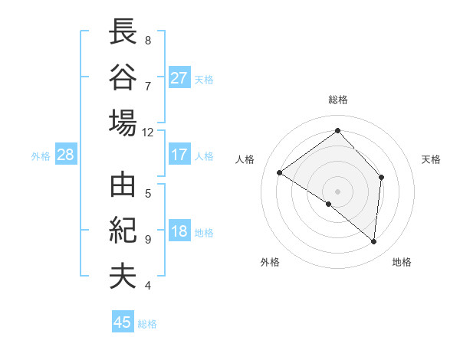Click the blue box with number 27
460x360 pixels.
179,78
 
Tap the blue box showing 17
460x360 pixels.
179,155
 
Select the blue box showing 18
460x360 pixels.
179,232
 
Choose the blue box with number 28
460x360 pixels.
65,155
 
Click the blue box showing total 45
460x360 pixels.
123,322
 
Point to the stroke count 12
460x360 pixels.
148,132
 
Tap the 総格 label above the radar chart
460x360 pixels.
338,100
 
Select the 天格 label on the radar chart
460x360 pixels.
432,159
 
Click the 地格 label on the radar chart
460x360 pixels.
402,262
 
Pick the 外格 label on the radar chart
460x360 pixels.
270,262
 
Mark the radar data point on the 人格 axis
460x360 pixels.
280,172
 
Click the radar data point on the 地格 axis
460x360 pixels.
374,241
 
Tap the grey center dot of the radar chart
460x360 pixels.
337,190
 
